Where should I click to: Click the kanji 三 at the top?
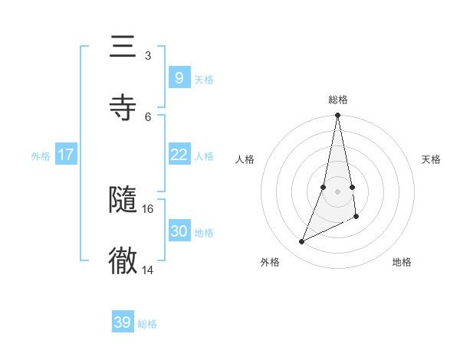click(x=123, y=47)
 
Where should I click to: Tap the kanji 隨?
click(x=123, y=200)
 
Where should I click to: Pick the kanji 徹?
click(x=123, y=260)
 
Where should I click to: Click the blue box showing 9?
click(x=179, y=77)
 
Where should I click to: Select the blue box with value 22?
click(x=179, y=155)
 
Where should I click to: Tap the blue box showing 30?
click(x=179, y=231)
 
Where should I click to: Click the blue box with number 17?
click(x=66, y=155)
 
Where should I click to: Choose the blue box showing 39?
click(x=123, y=322)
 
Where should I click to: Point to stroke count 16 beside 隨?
click(x=148, y=208)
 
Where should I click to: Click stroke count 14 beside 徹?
click(x=148, y=269)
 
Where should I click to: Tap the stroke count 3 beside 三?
click(x=148, y=55)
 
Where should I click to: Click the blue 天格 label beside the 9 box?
click(x=204, y=79)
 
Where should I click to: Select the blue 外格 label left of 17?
click(x=41, y=156)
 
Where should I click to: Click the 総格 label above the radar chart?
click(x=338, y=100)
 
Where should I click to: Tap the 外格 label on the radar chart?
click(x=270, y=262)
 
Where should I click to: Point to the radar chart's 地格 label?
click(x=402, y=262)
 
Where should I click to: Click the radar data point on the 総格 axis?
click(x=338, y=116)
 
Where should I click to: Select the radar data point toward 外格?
click(x=302, y=241)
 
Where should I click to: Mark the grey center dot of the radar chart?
click(x=338, y=191)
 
